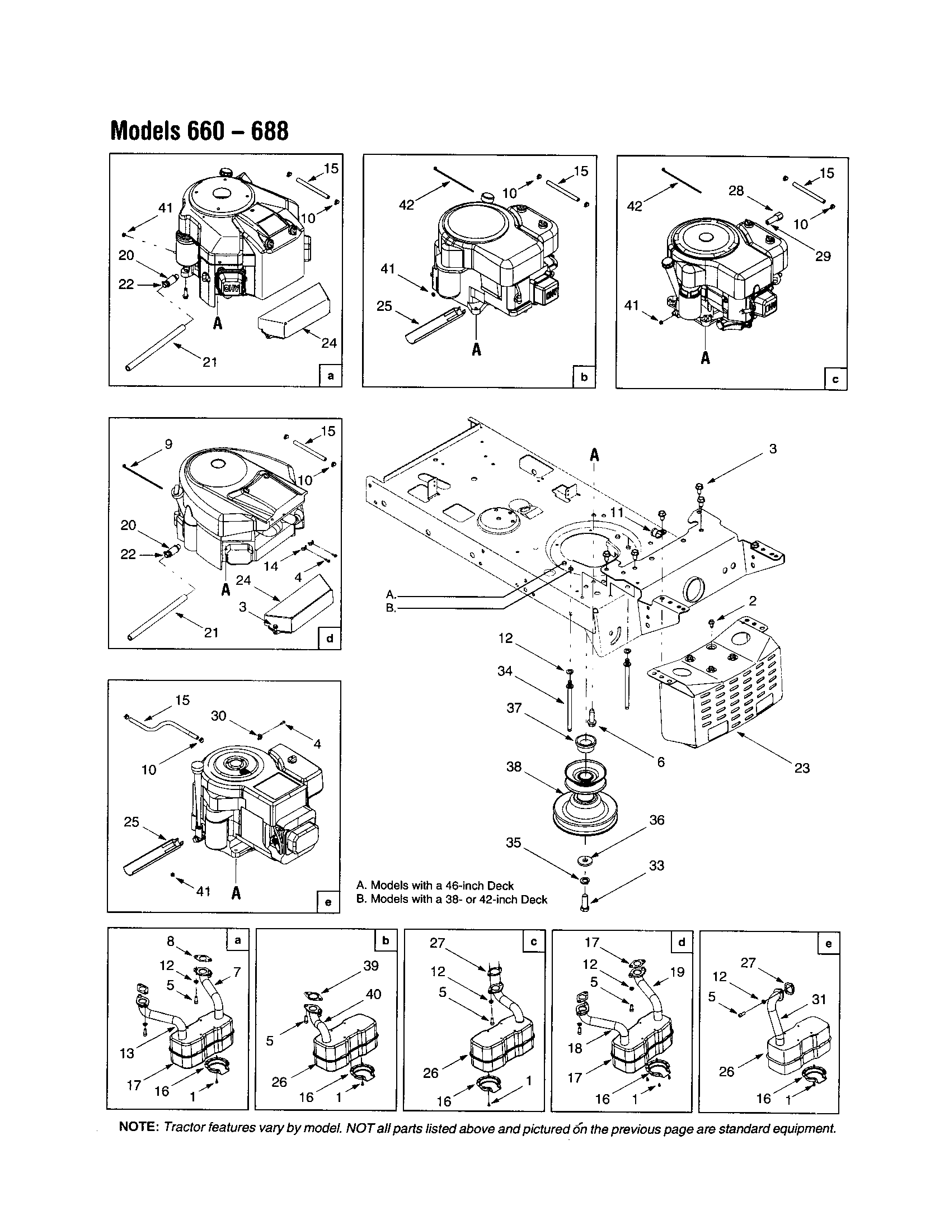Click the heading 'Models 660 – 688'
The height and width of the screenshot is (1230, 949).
[x=200, y=131]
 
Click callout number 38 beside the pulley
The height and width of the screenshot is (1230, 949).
[x=513, y=767]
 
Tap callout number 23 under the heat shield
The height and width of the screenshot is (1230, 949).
[x=802, y=768]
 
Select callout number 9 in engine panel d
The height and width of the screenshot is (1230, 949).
[x=168, y=444]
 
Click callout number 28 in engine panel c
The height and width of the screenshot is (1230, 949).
[x=736, y=191]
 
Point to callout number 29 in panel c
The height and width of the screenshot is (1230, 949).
[x=823, y=256]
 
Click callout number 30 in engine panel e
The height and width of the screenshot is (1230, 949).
[x=218, y=716]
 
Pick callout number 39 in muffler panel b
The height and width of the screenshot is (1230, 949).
[x=371, y=966]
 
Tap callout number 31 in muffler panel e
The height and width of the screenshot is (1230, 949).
[x=819, y=999]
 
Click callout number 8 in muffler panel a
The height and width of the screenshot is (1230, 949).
[x=171, y=942]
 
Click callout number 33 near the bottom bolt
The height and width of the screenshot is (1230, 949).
[x=657, y=865]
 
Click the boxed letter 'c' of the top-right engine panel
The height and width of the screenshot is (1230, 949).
[x=835, y=379]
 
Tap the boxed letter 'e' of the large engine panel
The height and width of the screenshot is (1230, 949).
[x=328, y=902]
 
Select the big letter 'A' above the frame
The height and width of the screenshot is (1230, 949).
[x=594, y=455]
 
